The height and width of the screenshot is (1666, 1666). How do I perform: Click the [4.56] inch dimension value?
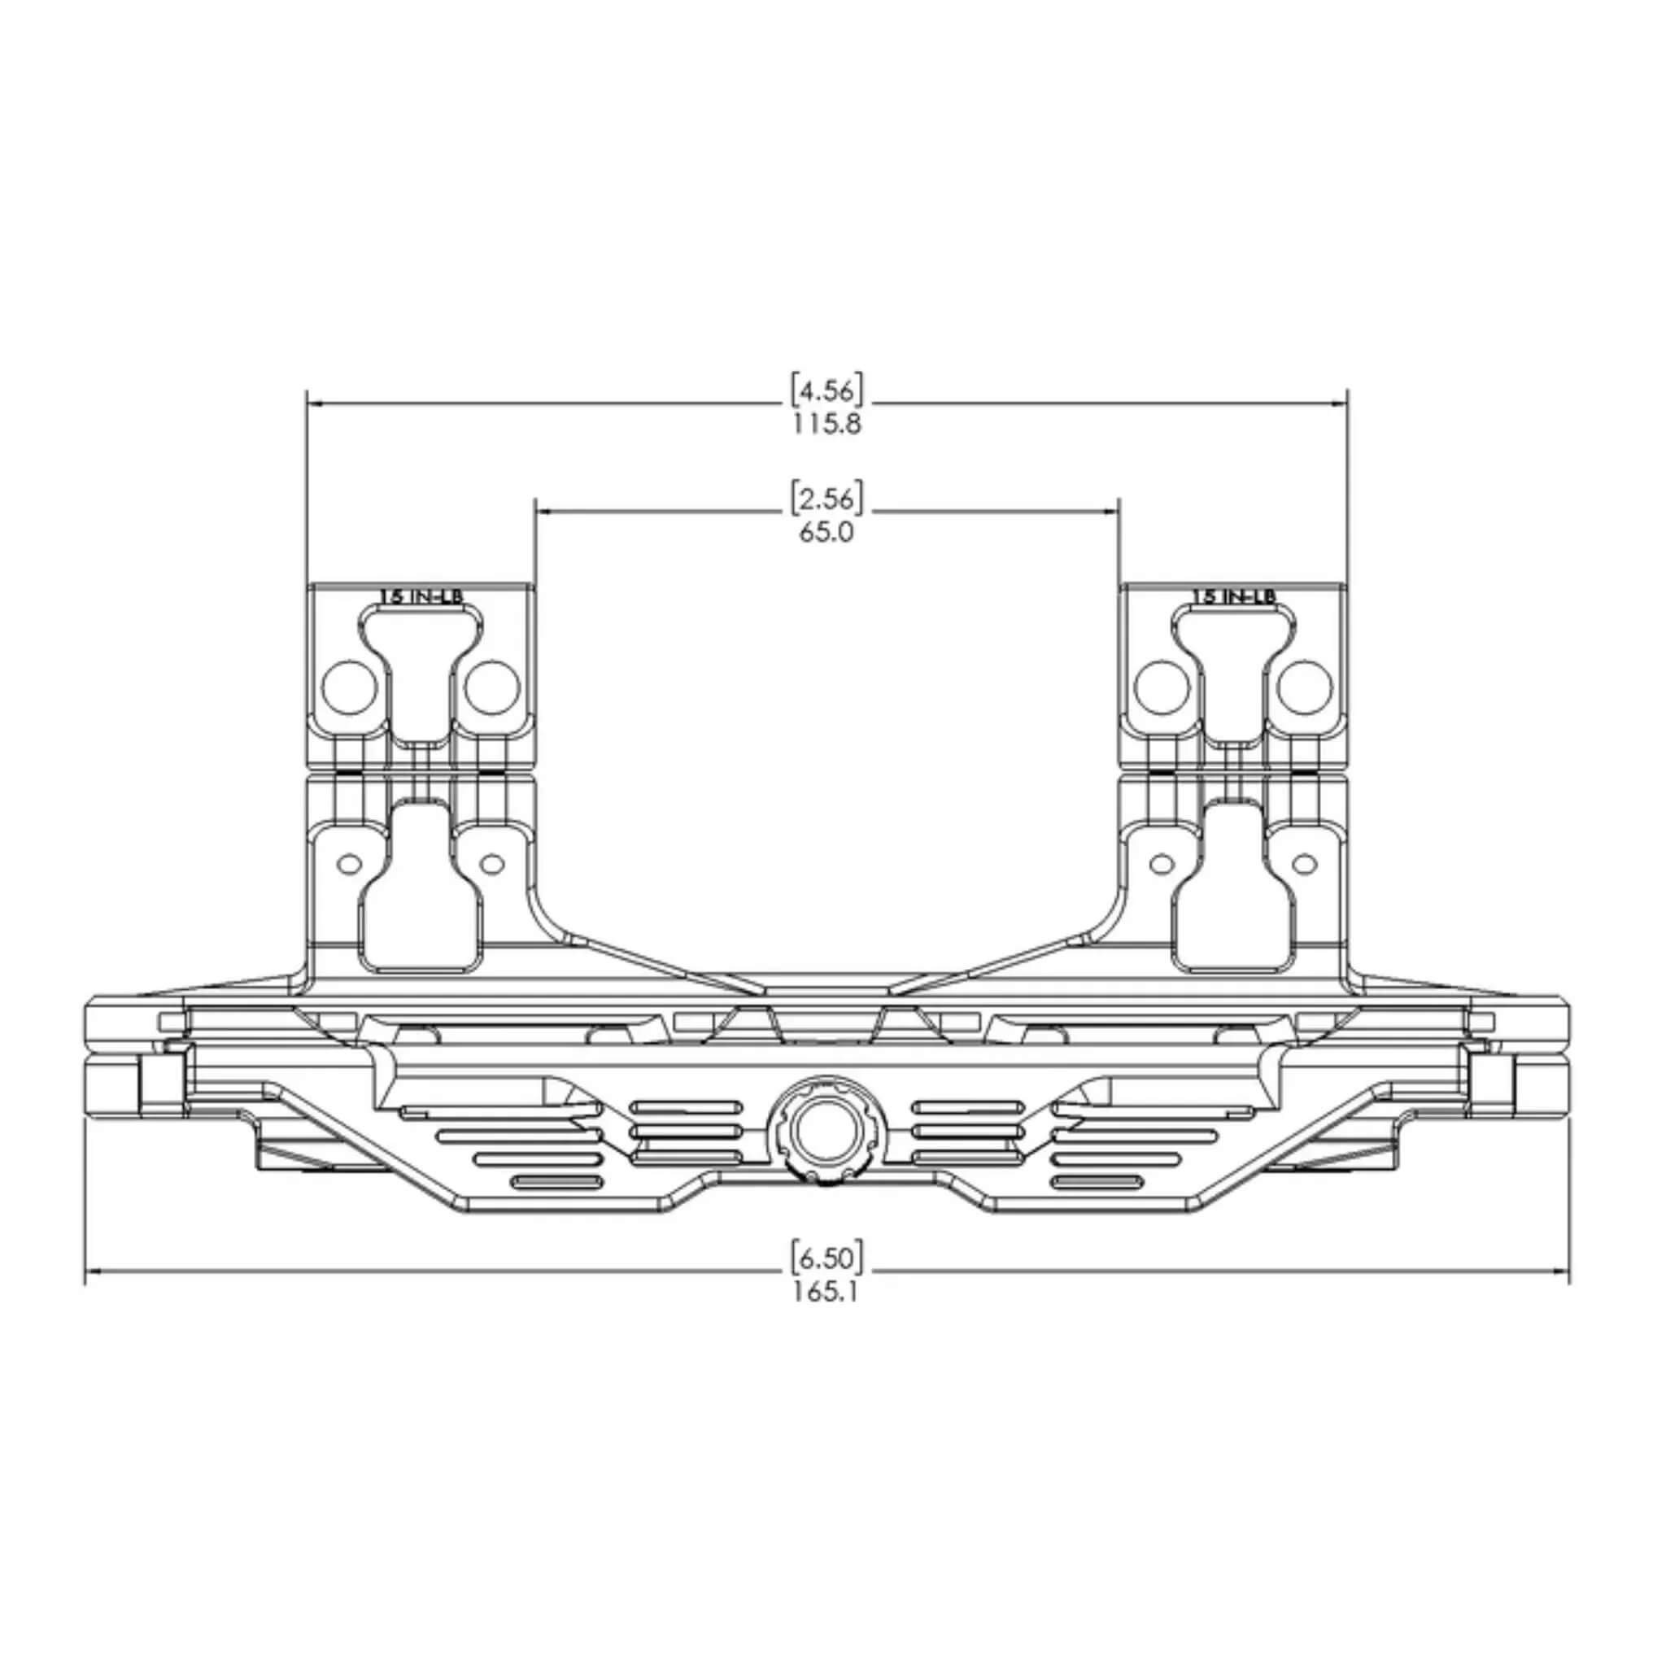click(827, 390)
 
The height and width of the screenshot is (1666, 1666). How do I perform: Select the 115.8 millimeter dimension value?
click(827, 425)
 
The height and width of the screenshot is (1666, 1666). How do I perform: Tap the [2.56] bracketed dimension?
click(827, 499)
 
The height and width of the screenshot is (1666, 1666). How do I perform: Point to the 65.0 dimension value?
click(826, 532)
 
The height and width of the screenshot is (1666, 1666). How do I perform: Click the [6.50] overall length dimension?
click(827, 1258)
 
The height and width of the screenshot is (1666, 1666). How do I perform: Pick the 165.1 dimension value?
click(826, 1292)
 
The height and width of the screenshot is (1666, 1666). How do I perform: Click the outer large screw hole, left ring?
click(349, 687)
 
